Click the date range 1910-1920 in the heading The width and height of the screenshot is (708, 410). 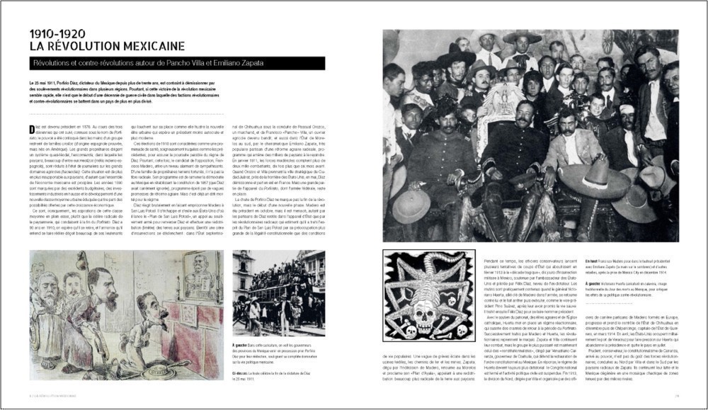tap(57, 33)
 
